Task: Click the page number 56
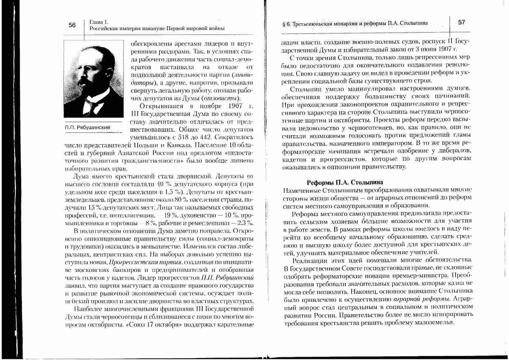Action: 72,25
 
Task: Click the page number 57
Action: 462,22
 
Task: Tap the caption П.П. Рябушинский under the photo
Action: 87,127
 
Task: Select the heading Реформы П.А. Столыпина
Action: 345,182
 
